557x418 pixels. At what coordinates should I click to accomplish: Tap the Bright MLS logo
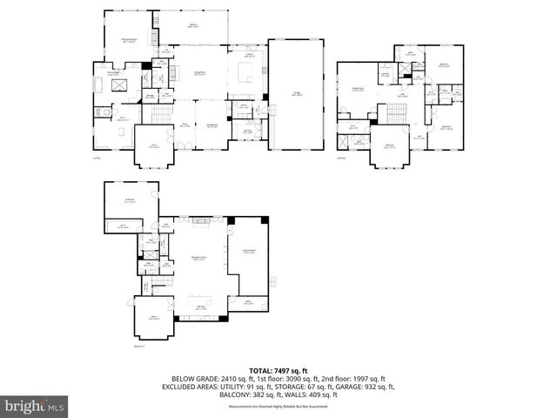(x=35, y=406)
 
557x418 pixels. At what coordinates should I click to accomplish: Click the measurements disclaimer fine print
(x=278, y=407)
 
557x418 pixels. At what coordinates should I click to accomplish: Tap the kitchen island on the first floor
(x=243, y=80)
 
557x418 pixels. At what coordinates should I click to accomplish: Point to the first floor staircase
(x=159, y=117)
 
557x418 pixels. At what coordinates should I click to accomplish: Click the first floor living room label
(x=198, y=73)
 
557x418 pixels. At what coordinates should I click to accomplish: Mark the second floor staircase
(x=397, y=112)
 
